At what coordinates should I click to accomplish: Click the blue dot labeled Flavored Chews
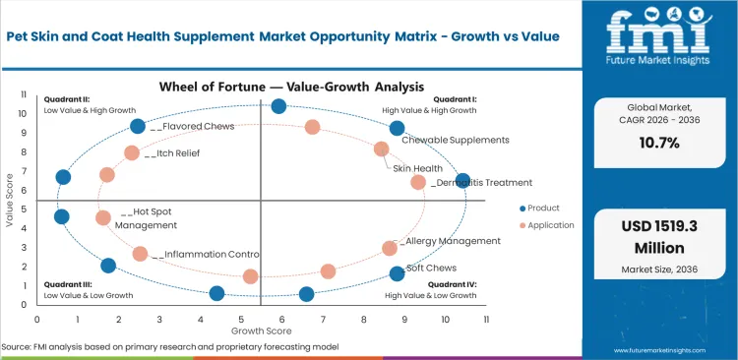138,126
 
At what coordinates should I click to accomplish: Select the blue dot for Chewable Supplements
397,128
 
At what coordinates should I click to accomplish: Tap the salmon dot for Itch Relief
132,152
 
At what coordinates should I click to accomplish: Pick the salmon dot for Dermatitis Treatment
418,182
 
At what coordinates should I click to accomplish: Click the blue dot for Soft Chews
397,273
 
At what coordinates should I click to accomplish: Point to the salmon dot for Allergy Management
390,248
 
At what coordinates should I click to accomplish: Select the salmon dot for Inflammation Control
141,254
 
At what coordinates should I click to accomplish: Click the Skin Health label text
417,168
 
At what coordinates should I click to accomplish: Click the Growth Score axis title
261,330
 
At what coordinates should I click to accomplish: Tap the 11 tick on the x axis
487,319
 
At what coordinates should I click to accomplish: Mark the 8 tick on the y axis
24,152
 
